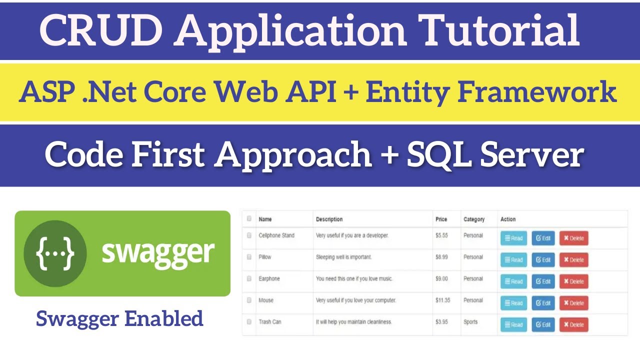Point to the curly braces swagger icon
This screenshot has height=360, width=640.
[55, 253]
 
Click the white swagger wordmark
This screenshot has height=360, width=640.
[158, 253]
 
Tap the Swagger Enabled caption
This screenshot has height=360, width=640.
[120, 318]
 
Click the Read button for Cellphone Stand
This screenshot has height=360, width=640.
[513, 238]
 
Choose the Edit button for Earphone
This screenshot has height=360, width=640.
[543, 281]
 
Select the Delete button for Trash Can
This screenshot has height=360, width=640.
[573, 324]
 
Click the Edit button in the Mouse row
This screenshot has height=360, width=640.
[543, 303]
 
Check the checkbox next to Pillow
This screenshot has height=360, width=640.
[249, 257]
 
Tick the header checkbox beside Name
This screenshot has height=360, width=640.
[249, 218]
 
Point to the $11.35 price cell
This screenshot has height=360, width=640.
[443, 300]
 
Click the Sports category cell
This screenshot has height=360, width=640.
[470, 322]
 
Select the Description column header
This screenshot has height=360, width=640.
[329, 219]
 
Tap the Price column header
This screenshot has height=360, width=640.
[441, 219]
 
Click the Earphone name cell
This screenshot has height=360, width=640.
[269, 278]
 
